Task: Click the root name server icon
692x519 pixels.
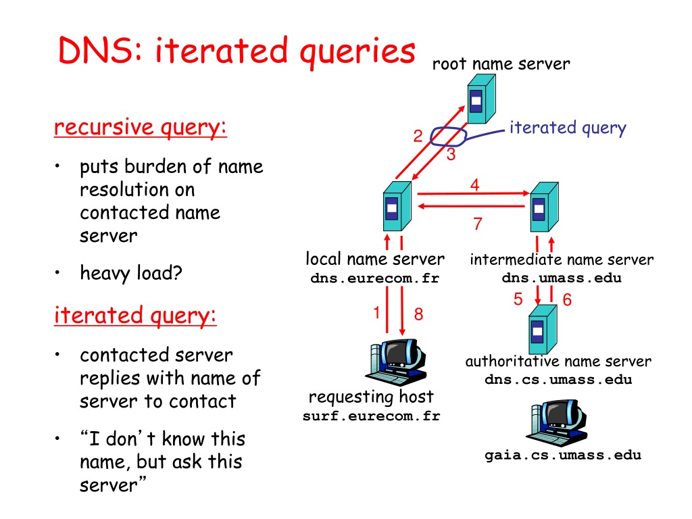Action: (x=481, y=99)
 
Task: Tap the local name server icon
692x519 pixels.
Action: (x=397, y=206)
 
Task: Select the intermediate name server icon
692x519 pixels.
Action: (x=544, y=207)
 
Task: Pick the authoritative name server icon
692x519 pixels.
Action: (x=543, y=329)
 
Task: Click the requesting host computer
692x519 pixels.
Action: (x=397, y=362)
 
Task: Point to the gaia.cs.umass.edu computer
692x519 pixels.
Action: (x=557, y=423)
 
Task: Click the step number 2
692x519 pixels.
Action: (x=418, y=136)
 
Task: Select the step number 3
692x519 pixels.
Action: (x=451, y=155)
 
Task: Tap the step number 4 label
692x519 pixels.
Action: (x=475, y=184)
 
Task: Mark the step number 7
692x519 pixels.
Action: (x=478, y=224)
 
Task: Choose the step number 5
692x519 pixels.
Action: (x=518, y=299)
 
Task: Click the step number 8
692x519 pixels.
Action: (x=418, y=314)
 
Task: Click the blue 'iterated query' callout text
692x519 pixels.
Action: (x=568, y=128)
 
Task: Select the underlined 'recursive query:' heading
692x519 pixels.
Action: (x=141, y=128)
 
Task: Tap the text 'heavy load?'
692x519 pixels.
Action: (x=131, y=273)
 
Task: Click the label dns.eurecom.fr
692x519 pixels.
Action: (x=374, y=278)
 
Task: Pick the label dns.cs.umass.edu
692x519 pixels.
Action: (x=558, y=380)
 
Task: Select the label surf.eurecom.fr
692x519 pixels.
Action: (x=371, y=416)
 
